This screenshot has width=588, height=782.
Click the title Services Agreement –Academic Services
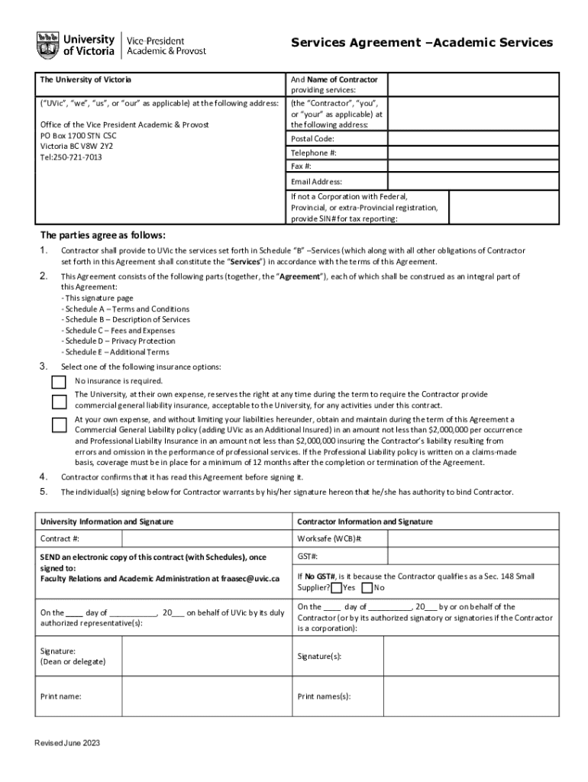[x=422, y=43]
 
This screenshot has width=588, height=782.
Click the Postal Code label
[x=312, y=139]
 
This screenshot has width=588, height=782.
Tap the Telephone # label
[x=313, y=153]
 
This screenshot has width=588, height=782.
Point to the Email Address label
[x=316, y=182]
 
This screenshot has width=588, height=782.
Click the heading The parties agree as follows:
[x=102, y=235]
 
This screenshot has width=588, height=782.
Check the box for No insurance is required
[x=59, y=381]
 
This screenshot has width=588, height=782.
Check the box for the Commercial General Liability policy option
[x=59, y=425]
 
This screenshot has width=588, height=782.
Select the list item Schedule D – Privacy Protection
[x=118, y=341]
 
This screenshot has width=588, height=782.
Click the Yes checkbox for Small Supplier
[x=337, y=588]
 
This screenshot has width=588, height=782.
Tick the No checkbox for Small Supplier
[x=367, y=588]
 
